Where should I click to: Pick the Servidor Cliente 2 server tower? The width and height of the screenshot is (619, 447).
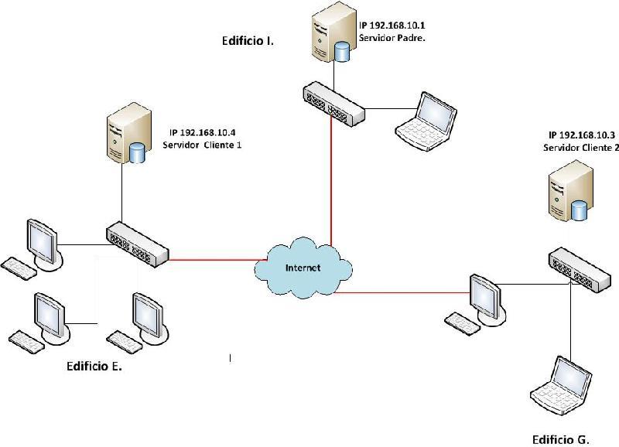click(x=569, y=193)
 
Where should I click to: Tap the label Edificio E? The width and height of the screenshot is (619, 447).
click(x=94, y=367)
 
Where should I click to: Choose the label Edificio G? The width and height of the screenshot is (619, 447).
click(x=560, y=439)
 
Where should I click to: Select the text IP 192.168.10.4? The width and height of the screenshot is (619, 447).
click(x=203, y=132)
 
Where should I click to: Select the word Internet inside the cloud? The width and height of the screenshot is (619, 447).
click(x=303, y=268)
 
